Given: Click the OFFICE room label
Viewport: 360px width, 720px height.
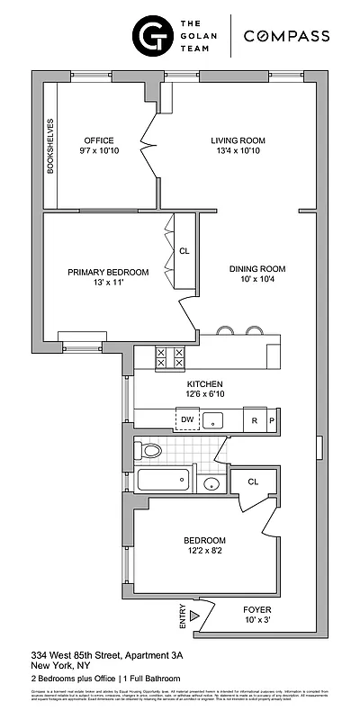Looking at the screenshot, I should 98,140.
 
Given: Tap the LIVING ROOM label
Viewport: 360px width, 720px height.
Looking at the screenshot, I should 238,140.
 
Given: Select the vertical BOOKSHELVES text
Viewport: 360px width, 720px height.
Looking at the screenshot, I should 51,146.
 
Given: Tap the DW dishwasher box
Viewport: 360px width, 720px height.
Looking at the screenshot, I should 187,419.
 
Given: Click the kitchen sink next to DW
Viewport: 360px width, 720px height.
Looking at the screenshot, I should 214,419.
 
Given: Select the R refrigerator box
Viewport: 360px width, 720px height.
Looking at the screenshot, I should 255,419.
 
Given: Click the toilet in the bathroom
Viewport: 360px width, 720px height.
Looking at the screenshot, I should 149,450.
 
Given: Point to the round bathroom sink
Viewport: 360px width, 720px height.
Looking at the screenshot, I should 211,484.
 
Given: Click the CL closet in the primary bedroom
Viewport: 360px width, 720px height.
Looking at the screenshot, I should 184,252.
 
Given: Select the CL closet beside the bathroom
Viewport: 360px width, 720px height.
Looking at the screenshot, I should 253,482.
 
